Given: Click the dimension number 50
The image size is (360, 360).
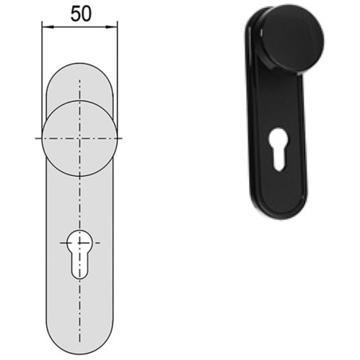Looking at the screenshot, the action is pyautogui.click(x=81, y=14).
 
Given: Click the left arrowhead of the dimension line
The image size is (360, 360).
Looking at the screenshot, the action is pyautogui.click(x=48, y=27).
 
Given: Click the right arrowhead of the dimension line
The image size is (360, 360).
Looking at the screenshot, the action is pyautogui.click(x=112, y=27).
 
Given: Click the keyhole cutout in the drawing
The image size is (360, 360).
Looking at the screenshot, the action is pyautogui.click(x=80, y=254).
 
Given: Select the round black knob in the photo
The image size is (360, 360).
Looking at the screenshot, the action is pyautogui.click(x=293, y=39).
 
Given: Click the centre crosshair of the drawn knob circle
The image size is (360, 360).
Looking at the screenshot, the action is pyautogui.click(x=80, y=139).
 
